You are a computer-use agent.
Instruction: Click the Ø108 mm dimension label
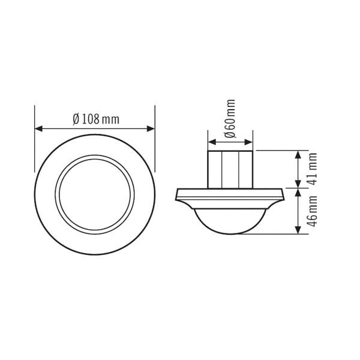(95, 119)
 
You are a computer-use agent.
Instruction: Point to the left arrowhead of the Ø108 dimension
(38, 128)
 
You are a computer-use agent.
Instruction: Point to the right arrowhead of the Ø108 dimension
(152, 128)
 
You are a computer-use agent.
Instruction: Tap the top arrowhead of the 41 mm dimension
(298, 154)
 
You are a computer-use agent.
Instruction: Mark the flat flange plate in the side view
(230, 193)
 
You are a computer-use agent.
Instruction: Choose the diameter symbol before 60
(231, 135)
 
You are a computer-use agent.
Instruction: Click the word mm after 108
(111, 119)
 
